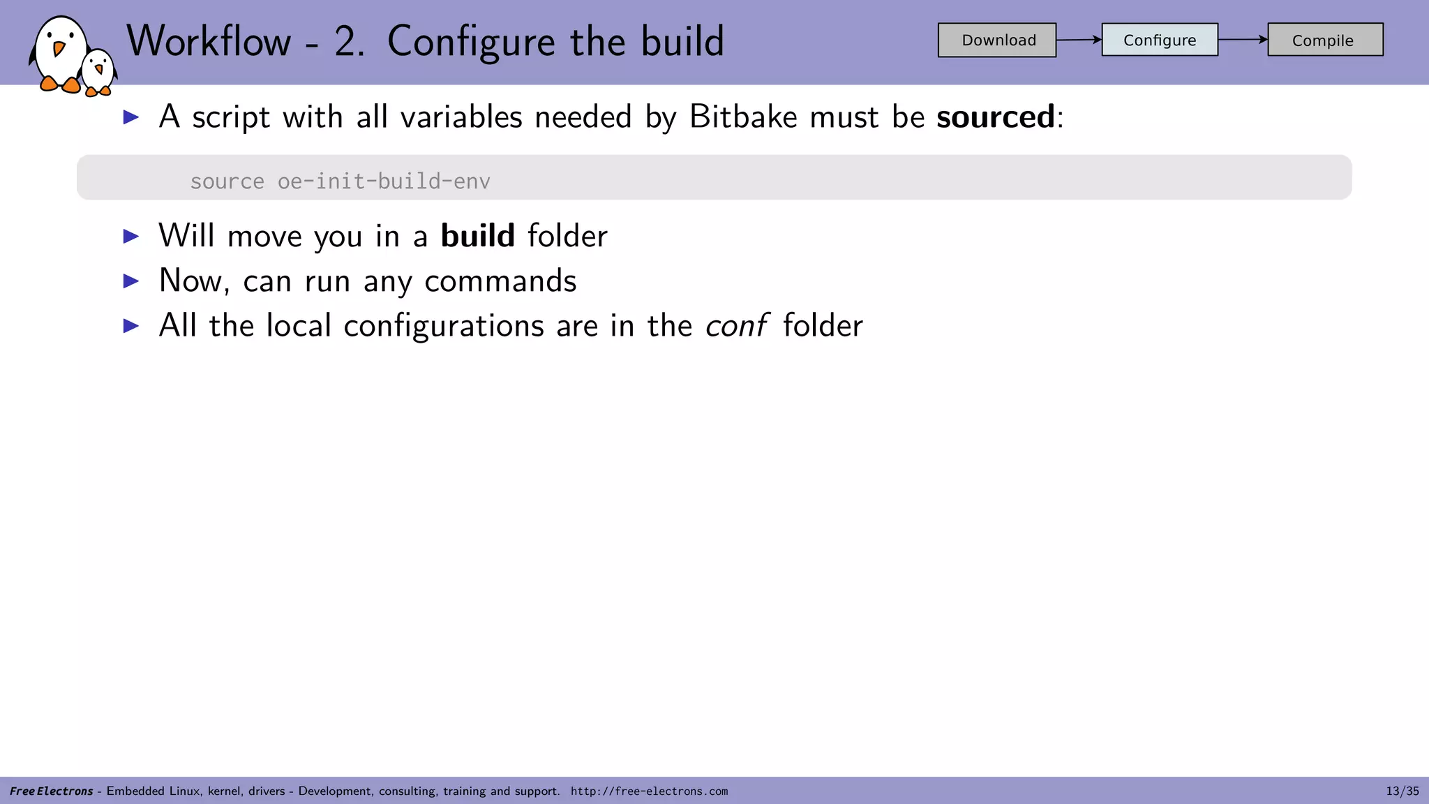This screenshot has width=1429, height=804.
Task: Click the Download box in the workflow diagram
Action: point(996,40)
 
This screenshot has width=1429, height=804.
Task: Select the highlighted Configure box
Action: point(1160,40)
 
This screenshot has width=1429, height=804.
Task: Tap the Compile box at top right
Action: point(1324,40)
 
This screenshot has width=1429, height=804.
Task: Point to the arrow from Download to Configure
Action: point(1079,40)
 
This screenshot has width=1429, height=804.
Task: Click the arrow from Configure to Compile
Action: point(1243,39)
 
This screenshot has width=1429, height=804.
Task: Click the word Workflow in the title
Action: point(209,41)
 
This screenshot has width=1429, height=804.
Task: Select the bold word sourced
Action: point(995,117)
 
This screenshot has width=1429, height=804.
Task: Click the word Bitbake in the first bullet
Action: point(742,117)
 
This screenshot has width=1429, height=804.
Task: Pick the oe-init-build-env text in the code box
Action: point(384,181)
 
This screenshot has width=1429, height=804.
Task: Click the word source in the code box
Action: point(227,181)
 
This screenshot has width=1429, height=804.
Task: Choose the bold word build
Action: point(477,236)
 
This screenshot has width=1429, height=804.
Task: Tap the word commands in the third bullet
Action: point(500,281)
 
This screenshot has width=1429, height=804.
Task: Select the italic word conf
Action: point(736,326)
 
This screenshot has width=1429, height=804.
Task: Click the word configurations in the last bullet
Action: point(443,326)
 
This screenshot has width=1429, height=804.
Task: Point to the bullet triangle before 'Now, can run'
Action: point(131,281)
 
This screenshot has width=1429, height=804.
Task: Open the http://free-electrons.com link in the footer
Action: point(649,791)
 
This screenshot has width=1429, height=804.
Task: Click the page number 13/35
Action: point(1402,791)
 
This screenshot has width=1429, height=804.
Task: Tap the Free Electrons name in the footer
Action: point(51,791)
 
